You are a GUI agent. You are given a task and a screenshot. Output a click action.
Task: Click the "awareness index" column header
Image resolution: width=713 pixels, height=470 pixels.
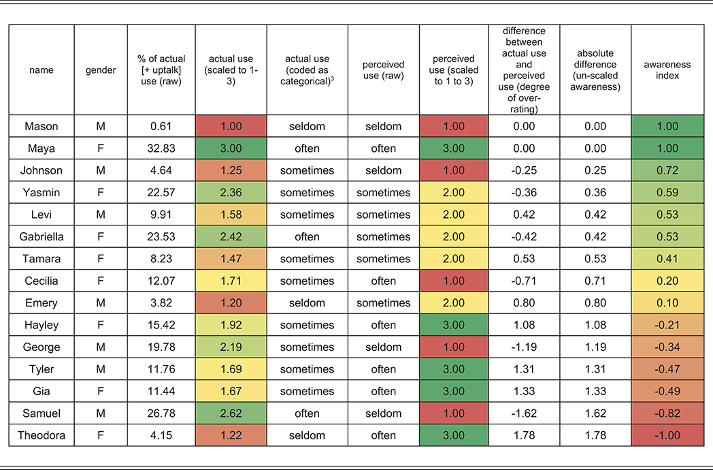(x=667, y=69)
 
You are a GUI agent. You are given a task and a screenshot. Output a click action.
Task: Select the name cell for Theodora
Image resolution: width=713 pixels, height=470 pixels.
(x=42, y=435)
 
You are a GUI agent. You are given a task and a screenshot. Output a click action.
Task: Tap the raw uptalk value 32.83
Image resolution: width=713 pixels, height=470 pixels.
(x=161, y=148)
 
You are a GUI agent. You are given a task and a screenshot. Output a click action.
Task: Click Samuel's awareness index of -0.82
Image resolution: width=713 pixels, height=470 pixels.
(x=667, y=413)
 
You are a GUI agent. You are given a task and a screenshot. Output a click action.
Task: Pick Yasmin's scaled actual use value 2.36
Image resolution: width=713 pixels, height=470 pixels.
(x=231, y=193)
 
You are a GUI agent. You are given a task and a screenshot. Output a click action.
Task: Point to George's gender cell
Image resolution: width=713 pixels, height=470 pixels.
(x=101, y=347)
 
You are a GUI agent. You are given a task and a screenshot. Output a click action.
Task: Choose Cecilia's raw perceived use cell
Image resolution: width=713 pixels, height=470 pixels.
(x=383, y=281)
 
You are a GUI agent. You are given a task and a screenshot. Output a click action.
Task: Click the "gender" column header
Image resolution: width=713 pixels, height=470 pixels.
(x=101, y=69)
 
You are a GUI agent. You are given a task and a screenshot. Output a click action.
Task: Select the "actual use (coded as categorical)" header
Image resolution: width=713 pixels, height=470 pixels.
(x=307, y=69)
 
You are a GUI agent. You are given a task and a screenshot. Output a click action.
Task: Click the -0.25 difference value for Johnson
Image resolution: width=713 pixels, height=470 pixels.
(x=524, y=170)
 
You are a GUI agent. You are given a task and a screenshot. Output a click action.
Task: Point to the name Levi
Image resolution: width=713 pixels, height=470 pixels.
(x=42, y=215)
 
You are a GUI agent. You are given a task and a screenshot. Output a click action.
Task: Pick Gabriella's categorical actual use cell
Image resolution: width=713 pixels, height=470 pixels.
(x=307, y=237)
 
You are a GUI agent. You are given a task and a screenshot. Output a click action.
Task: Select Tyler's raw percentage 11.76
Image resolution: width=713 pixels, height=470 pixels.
(x=161, y=369)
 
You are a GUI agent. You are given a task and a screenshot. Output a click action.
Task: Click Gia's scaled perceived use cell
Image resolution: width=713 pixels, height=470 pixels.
(x=453, y=391)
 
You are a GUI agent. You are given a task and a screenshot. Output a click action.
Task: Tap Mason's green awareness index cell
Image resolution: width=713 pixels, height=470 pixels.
(x=667, y=126)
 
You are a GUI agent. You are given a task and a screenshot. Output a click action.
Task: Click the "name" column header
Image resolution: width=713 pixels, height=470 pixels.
(x=42, y=69)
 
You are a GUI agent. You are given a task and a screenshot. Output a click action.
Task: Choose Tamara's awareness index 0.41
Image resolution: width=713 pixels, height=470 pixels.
(x=667, y=259)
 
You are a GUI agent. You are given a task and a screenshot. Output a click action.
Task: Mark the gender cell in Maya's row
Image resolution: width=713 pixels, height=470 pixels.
(x=101, y=148)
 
